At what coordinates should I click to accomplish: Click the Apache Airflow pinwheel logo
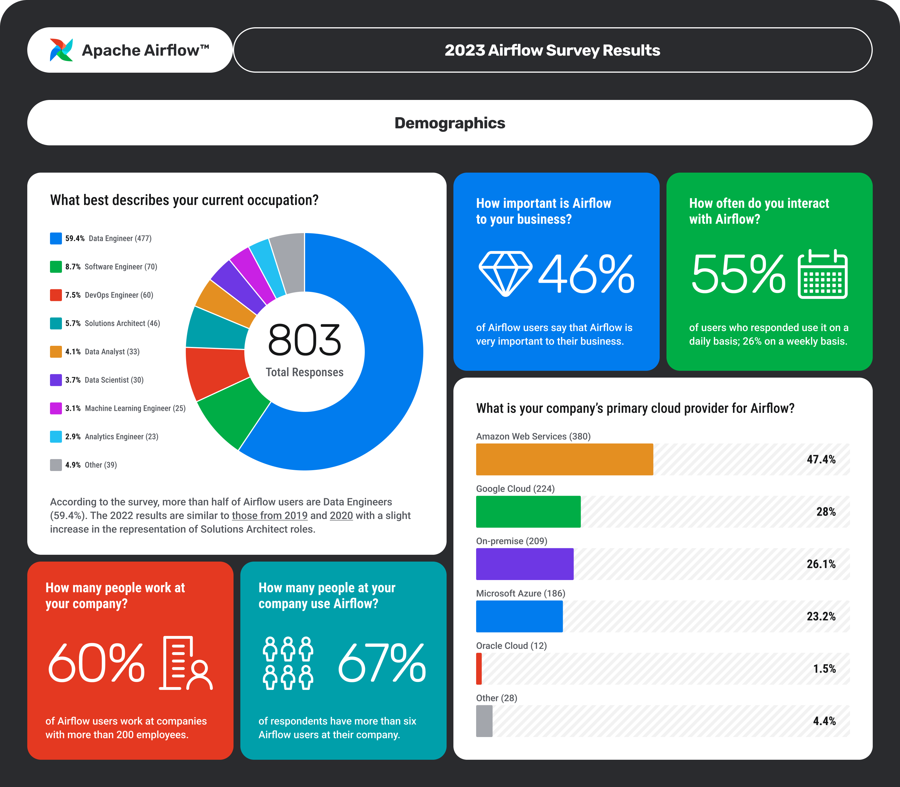point(61,50)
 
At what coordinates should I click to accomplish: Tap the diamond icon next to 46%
point(505,273)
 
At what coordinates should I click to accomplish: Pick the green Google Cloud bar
point(528,511)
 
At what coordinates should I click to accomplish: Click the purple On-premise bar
point(525,564)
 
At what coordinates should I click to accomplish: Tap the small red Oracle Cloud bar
point(479,668)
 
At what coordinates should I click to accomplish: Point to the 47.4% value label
point(821,459)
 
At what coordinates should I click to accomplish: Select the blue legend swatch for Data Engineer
point(56,238)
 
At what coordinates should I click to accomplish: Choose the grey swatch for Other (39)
point(56,465)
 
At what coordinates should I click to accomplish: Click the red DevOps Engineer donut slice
point(215,373)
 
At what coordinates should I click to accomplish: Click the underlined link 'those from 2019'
point(269,516)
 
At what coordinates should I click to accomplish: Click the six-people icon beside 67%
point(288,663)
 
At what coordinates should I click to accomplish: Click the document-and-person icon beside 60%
point(186,663)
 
